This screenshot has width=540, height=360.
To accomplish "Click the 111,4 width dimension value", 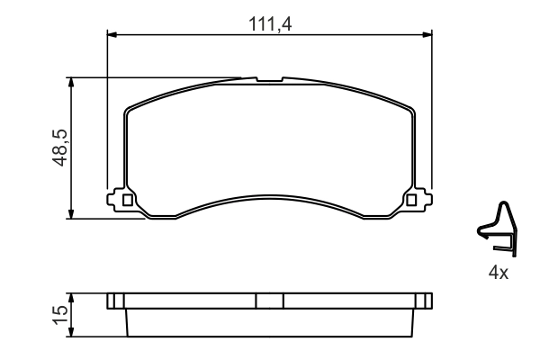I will pyautogui.click(x=271, y=24).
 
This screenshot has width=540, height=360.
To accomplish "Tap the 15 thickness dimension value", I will pyautogui.click(x=58, y=314).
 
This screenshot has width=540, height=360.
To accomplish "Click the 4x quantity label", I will pyautogui.click(x=498, y=272).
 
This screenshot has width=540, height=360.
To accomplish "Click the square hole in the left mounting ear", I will pyautogui.click(x=127, y=200).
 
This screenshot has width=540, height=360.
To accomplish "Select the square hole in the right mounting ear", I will pyautogui.click(x=413, y=200).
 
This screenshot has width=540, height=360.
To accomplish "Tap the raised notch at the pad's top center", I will pyautogui.click(x=269, y=80).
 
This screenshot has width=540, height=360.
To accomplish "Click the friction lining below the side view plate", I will pyautogui.click(x=270, y=322).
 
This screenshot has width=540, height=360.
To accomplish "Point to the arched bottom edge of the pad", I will pyautogui.click(x=270, y=200).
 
